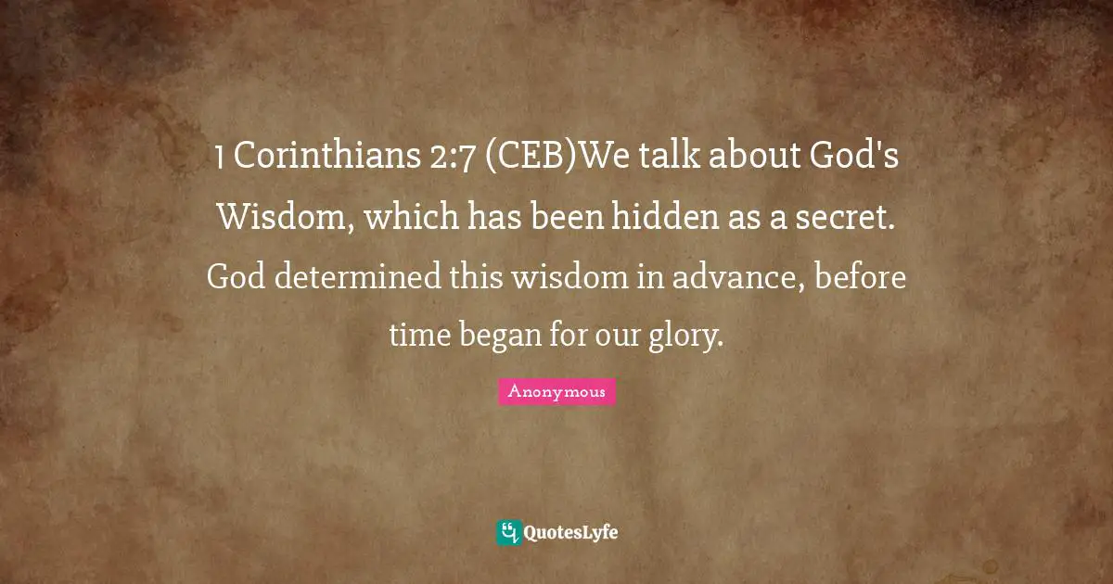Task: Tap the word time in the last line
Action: point(418,336)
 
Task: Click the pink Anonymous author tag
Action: point(556,392)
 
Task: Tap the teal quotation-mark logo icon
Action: point(508,532)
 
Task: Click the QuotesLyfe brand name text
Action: point(571,533)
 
